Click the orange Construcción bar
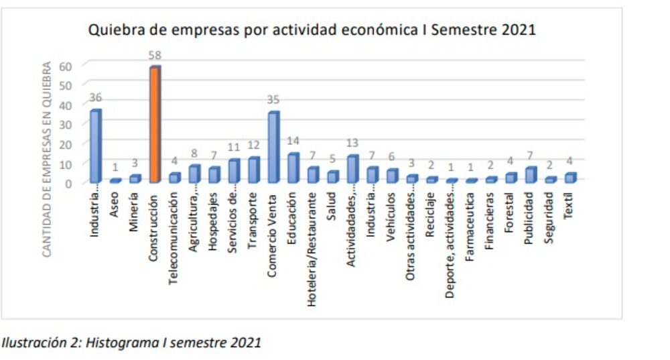(155, 125)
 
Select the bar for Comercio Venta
(273, 147)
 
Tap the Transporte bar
(253, 170)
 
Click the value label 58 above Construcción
(155, 55)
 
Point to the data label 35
(273, 100)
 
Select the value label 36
(95, 98)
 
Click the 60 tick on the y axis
(66, 65)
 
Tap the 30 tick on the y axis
(66, 124)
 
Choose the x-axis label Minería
(135, 207)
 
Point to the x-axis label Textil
(569, 204)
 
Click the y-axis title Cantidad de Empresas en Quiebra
(47, 160)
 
